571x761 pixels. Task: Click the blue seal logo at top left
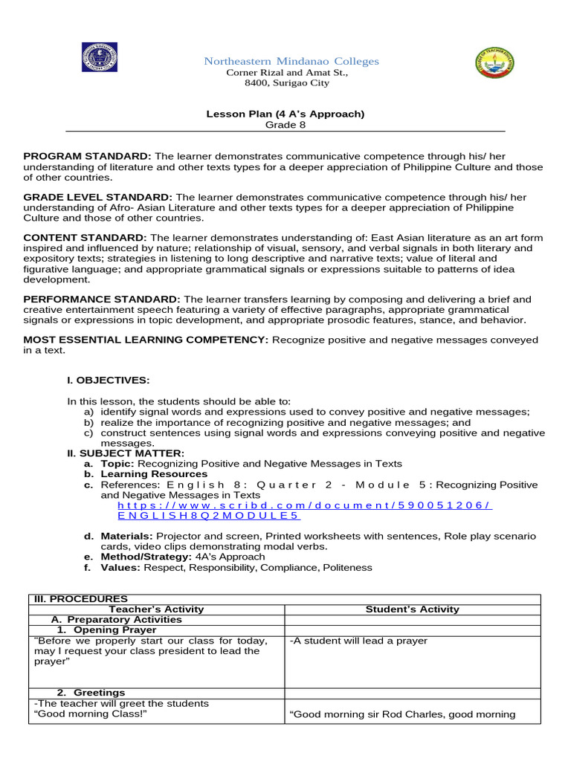(99, 58)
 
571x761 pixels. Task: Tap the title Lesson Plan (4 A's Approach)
(285, 114)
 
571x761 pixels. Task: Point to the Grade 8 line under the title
(285, 125)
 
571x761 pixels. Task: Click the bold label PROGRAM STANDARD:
(87, 156)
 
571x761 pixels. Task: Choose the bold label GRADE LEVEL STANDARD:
(98, 197)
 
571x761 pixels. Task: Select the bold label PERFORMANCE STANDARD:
(101, 299)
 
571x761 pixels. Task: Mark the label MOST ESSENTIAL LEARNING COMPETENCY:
(146, 340)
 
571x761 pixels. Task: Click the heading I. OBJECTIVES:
(108, 380)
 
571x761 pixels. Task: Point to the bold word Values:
(120, 567)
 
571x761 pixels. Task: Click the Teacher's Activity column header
(156, 609)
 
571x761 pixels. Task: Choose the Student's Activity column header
(412, 609)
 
